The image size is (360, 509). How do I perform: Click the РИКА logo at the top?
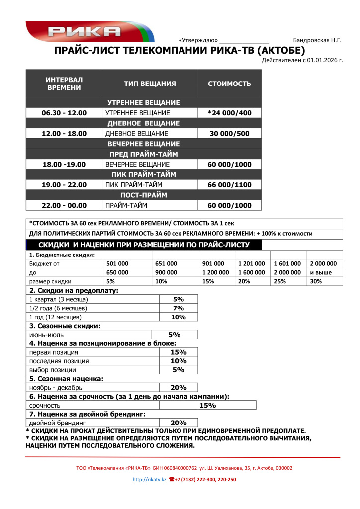85,32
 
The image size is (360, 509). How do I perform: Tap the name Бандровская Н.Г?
317,40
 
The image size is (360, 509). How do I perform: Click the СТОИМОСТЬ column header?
229,84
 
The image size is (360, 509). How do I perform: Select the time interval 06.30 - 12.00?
64,113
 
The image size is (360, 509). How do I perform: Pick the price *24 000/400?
229,113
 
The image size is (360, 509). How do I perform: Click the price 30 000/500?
229,134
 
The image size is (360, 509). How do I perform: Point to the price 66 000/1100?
229,185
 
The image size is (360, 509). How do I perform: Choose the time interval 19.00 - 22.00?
64,185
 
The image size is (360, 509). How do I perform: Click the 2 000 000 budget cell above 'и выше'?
323,264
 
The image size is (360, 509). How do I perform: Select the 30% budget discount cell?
316,281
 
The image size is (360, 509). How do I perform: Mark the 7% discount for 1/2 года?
178,308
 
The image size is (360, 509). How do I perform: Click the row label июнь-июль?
42,335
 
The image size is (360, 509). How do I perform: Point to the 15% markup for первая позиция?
178,352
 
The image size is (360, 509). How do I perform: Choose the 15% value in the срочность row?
207,406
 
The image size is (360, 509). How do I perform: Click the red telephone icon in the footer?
172,480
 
